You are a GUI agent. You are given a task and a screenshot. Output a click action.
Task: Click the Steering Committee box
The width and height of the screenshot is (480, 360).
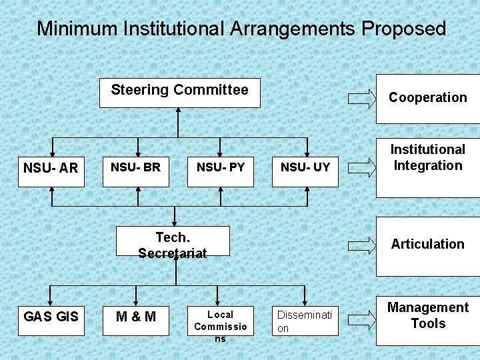179,93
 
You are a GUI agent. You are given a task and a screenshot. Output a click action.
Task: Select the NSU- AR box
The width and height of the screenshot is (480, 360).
51,168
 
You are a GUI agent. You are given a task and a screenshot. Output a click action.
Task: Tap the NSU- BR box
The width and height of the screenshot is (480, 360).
136,168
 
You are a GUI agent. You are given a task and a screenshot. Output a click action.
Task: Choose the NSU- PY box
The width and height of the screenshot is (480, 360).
221,168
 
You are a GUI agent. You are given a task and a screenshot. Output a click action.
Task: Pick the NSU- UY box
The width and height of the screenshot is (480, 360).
305,168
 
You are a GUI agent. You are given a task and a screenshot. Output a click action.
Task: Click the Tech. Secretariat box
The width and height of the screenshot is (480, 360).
173,241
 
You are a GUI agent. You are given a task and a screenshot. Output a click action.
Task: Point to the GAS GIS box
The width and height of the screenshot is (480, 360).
51,317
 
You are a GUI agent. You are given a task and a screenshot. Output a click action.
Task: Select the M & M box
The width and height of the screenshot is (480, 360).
136,317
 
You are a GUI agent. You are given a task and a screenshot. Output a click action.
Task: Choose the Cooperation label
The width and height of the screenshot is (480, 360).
428,98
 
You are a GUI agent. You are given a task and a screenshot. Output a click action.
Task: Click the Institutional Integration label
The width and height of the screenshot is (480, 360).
428,158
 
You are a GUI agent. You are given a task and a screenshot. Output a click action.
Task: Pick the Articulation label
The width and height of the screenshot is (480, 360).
428,244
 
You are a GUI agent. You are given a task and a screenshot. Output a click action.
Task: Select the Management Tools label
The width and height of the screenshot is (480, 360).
428,315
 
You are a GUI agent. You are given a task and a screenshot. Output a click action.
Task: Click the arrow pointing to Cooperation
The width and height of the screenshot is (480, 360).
362,98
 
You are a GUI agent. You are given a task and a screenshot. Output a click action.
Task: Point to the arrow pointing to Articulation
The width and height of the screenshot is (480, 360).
362,244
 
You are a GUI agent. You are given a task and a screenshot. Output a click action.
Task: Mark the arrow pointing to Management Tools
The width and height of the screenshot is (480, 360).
362,316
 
